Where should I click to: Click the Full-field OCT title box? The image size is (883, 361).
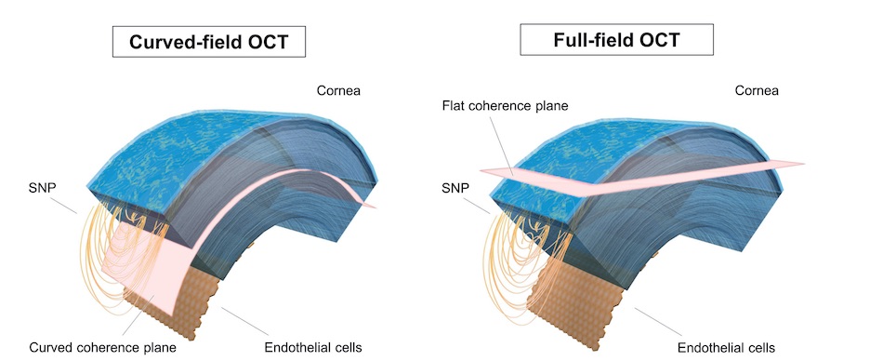point(616,41)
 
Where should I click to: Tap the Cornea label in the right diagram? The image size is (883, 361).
point(756,91)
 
